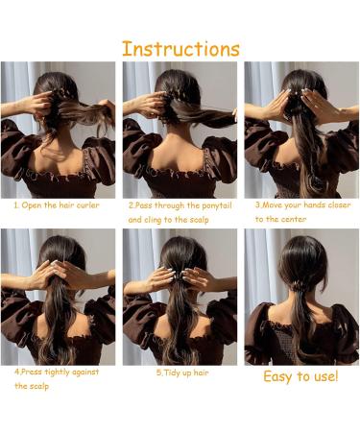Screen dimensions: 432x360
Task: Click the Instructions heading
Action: (180, 48)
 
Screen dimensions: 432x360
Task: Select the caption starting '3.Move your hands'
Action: (302, 205)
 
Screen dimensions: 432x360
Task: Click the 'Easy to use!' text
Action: (300, 376)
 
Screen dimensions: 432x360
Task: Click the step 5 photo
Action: (180, 297)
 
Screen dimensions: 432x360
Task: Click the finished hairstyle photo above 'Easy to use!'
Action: (301, 297)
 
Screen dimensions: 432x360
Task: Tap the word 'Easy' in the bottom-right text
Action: (279, 376)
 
